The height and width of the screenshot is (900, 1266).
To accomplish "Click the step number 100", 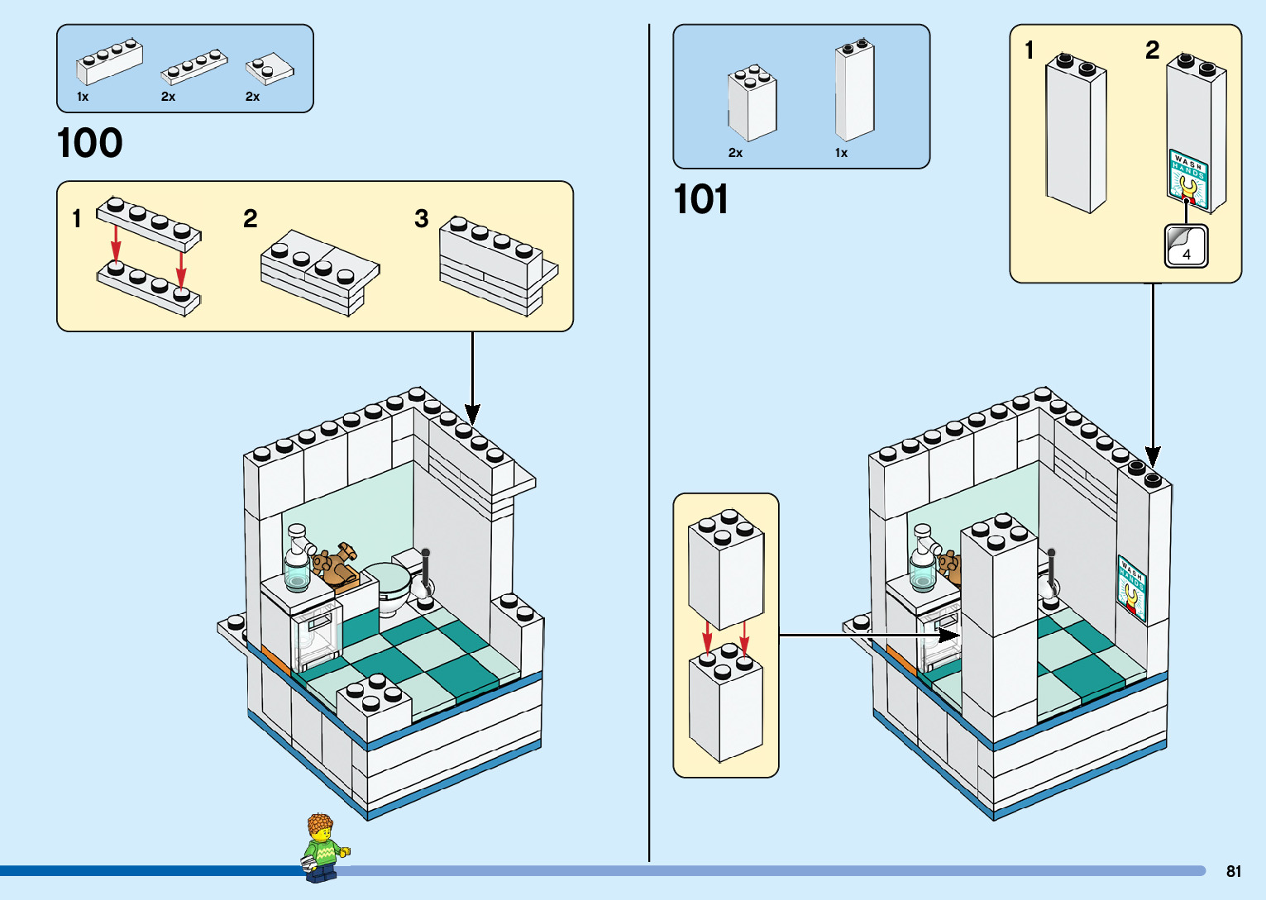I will (x=90, y=143).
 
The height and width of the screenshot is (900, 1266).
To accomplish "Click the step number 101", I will (x=701, y=200).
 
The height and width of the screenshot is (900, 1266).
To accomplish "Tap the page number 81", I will (x=1234, y=871).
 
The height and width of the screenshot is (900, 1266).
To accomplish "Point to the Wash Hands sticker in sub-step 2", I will (x=1188, y=179).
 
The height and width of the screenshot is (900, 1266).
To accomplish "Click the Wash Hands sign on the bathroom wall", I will (x=1132, y=588).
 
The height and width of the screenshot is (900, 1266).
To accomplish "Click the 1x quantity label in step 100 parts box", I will (x=83, y=97).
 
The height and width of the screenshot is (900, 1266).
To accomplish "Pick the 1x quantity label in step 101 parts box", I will (x=841, y=153).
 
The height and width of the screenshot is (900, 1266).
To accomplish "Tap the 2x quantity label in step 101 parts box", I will (x=735, y=153).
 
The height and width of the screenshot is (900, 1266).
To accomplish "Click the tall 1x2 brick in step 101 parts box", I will (x=854, y=90).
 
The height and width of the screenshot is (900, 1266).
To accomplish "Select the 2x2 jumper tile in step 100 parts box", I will (x=270, y=69).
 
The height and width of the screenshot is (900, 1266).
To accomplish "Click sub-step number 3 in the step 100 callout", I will (x=422, y=219).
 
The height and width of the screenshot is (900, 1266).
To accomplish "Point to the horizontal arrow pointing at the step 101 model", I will (x=868, y=635).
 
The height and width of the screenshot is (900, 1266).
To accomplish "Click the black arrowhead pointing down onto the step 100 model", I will (x=472, y=412).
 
